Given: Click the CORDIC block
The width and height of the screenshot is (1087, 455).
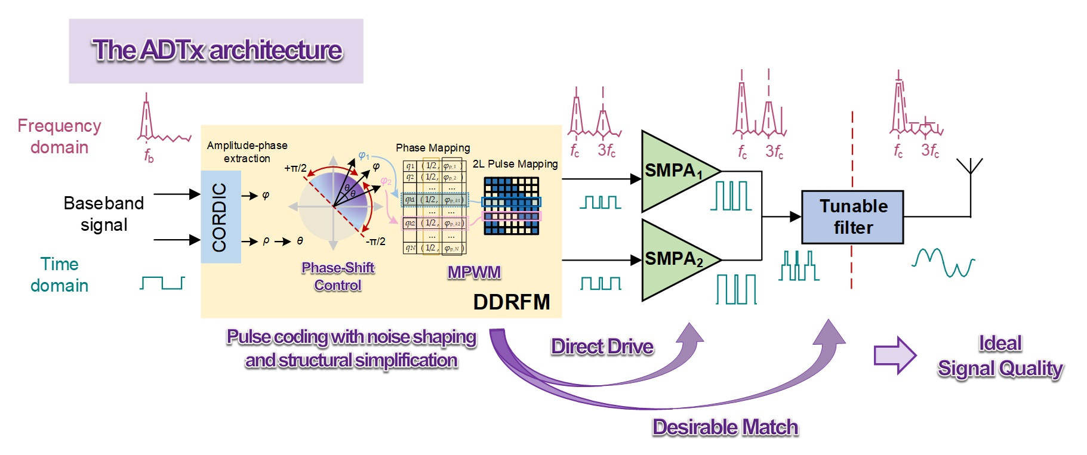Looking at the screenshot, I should [220, 217].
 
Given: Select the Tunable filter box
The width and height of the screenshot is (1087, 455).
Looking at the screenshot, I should [852, 217].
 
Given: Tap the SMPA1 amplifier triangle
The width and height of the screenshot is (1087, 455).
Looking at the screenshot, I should [672, 172].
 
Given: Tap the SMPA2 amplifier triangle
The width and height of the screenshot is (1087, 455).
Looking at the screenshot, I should [672, 260].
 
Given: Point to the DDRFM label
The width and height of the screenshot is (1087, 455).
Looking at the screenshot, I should [511, 302].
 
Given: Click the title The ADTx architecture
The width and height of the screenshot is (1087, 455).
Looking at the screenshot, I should [216, 51].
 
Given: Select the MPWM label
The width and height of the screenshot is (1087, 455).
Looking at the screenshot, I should [474, 273].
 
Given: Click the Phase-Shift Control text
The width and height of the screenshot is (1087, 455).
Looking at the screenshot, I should [338, 276].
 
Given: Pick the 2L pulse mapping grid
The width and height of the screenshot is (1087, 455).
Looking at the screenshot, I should [512, 206].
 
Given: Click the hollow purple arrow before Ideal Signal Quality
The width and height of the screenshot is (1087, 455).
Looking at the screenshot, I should [894, 355].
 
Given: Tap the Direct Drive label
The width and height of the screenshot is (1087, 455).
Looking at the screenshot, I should [602, 346].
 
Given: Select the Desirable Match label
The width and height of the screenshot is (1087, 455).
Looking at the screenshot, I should [725, 427].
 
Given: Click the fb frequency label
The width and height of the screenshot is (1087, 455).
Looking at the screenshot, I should [149, 156].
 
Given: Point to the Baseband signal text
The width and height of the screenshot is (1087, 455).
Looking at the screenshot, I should [104, 214].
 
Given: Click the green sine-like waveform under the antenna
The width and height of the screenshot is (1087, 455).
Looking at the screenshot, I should [943, 262].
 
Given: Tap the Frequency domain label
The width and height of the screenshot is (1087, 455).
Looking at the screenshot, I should [59, 137].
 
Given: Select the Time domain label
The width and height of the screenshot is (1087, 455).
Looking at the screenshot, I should [59, 275].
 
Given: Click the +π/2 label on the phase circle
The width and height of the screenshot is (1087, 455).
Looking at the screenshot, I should [295, 168].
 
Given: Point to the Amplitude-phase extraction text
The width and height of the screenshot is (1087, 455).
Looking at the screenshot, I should [247, 152].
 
